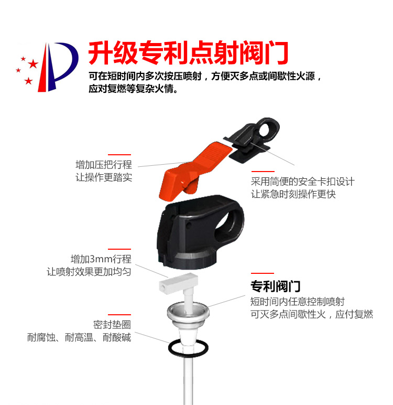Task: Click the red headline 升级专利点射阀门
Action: [x=188, y=52]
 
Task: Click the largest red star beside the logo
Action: [x=33, y=63]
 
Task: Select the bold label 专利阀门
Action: [x=275, y=286]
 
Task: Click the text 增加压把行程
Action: [x=104, y=165]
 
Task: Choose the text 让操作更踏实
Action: [x=104, y=177]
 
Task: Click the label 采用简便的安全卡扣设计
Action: [x=303, y=182]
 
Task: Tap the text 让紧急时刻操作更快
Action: [x=293, y=194]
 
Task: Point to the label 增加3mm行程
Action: [x=101, y=259]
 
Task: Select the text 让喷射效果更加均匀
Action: [x=89, y=272]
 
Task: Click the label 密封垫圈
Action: [x=112, y=325]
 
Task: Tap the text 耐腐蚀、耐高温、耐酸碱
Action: [x=79, y=337]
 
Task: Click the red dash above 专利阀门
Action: [x=263, y=273]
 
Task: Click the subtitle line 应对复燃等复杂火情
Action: [x=133, y=89]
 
